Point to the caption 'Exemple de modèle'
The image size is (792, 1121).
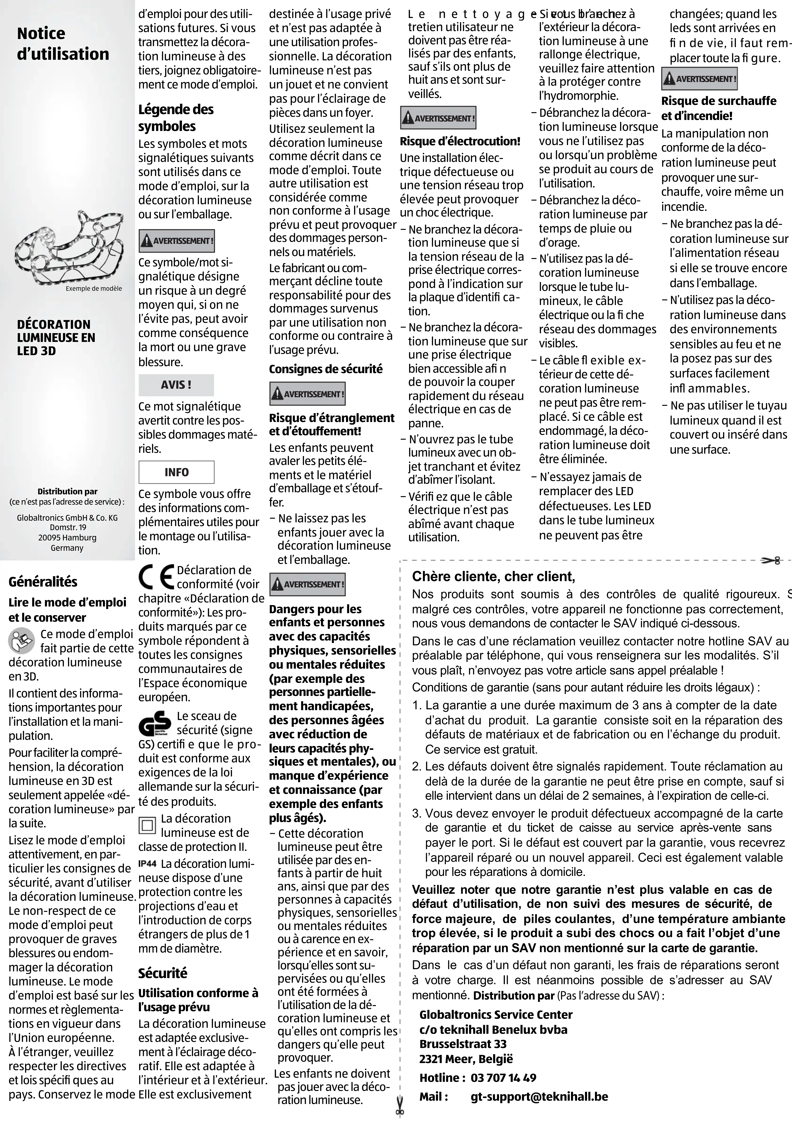click(94, 289)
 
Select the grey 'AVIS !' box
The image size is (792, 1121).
click(176, 385)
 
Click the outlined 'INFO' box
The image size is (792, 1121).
click(176, 472)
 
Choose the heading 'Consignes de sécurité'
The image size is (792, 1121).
click(326, 369)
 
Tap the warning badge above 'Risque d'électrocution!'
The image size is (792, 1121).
click(438, 118)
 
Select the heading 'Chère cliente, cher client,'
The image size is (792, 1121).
click(493, 577)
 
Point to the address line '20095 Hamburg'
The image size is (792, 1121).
click(67, 538)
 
